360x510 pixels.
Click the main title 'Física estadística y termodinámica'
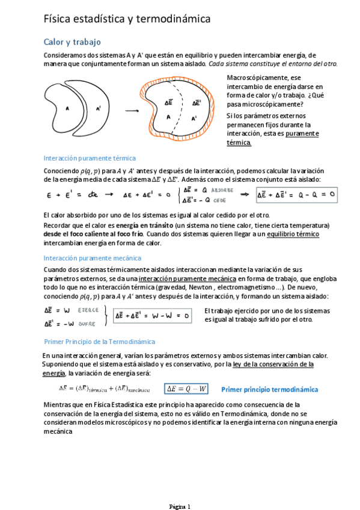[x=127, y=19]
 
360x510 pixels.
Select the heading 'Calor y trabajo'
[x=72, y=42]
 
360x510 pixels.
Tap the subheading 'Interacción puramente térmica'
[x=90, y=158]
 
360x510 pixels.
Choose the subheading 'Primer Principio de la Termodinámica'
[x=99, y=342]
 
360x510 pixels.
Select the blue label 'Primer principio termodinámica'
[x=270, y=389]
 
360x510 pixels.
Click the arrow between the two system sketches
[x=132, y=111]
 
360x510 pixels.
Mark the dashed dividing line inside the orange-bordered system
[x=182, y=111]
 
